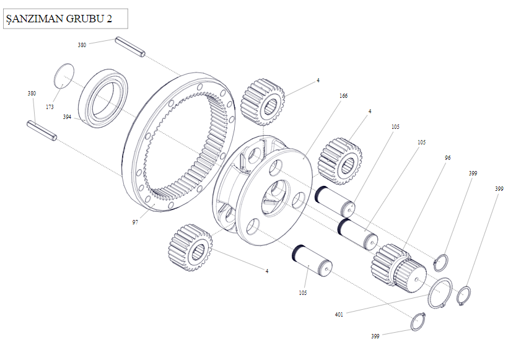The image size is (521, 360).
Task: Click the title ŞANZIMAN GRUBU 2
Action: coord(59,19)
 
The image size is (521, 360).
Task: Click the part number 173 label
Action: coord(50,107)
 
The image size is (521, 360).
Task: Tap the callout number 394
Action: coord(67,116)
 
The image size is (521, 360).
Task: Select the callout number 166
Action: coord(343,96)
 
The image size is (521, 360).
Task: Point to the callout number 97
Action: coord(135,221)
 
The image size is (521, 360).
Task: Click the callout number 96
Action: coord(447,158)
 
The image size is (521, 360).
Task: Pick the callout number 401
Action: coord(339,314)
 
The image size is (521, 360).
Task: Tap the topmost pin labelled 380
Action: coord(129,48)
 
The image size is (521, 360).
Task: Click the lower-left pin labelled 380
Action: coord(42,131)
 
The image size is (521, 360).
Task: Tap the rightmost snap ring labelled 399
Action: coord(463,295)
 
